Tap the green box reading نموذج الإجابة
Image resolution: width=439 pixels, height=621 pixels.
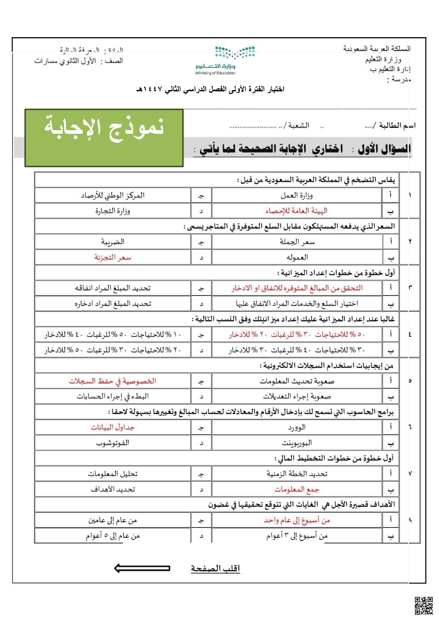[x=104, y=138]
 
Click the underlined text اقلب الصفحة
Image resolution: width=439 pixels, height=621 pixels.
[x=215, y=568]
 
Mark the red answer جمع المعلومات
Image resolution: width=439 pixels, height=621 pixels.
[x=297, y=489]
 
